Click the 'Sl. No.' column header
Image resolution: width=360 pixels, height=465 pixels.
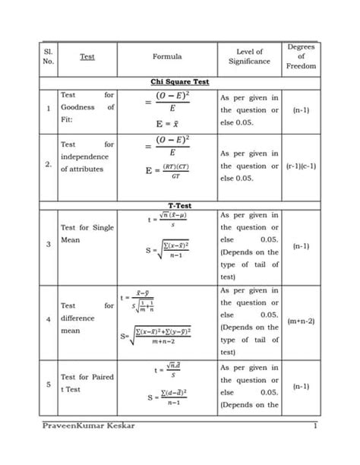pos(49,56)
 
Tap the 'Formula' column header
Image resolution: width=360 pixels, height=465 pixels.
pos(167,56)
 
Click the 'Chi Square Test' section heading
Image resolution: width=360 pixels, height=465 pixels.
pos(180,81)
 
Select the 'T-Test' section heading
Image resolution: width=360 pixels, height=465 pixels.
pos(180,206)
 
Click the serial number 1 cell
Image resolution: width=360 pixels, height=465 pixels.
pos(48,108)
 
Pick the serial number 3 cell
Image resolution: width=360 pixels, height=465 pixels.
pos(49,245)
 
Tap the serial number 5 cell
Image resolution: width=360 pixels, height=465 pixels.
pos(49,384)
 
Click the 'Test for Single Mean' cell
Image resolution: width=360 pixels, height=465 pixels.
pos(87,233)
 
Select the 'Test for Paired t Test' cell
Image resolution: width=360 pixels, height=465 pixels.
pos(87,383)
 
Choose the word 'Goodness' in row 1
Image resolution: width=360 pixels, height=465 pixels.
pos(77,108)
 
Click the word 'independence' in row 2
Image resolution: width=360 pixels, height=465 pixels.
pos(86,157)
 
